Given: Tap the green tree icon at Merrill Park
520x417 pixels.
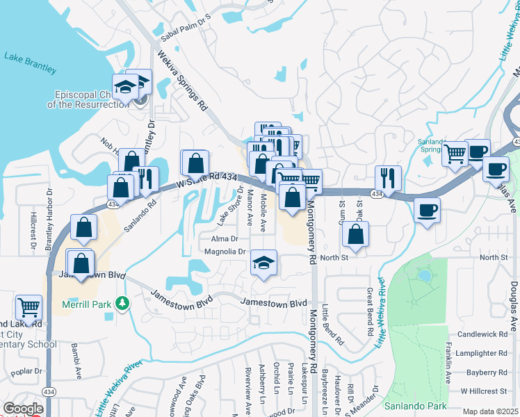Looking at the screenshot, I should click(x=122, y=303).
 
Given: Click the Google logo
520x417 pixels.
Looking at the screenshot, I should click(x=23, y=409).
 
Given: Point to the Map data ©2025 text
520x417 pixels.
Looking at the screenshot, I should click(x=490, y=412).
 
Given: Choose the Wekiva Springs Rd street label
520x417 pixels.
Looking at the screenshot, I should click(x=183, y=82).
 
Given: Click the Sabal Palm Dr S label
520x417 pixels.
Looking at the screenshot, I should click(x=185, y=22).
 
